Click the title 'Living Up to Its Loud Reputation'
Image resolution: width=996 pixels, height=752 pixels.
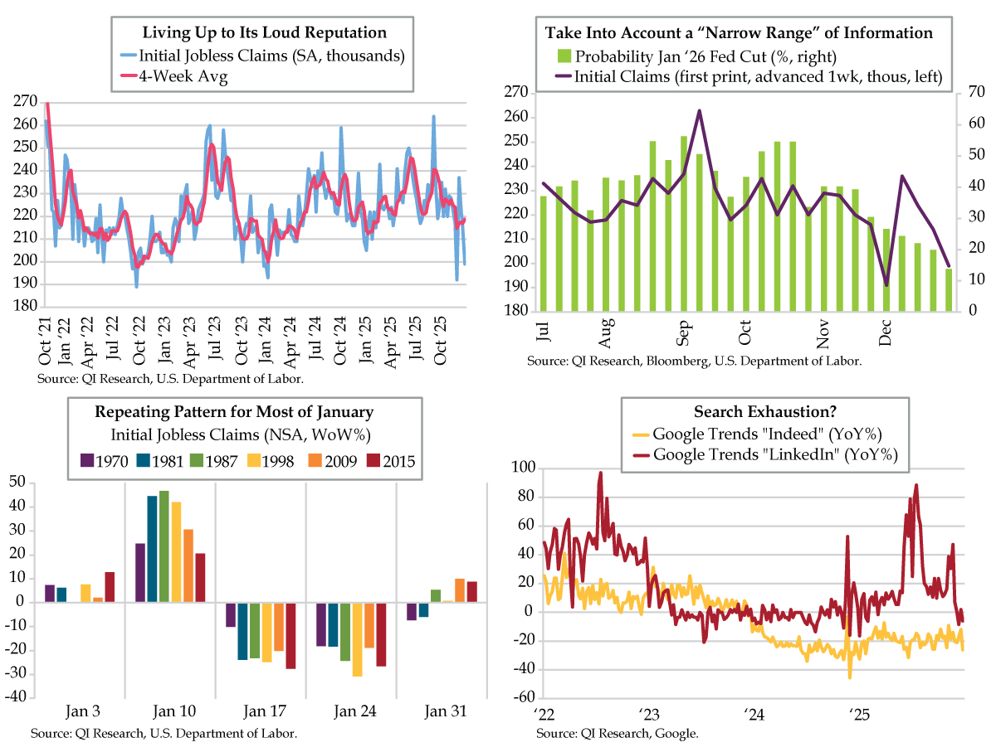coord(265,33)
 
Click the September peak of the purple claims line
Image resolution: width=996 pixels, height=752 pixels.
coord(700,110)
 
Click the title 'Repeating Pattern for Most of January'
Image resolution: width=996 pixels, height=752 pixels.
coord(234,411)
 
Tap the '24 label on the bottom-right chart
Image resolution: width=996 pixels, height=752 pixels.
coord(754,714)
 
